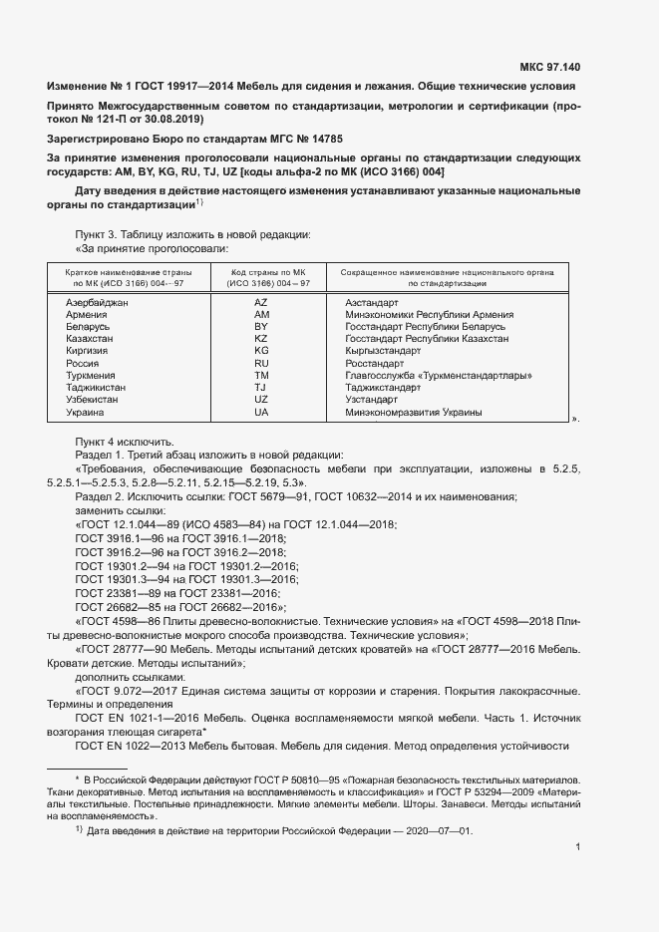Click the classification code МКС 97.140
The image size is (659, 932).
[548, 68]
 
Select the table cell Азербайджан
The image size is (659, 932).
[98, 302]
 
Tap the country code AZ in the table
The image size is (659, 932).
[261, 302]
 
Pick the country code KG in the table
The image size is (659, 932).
[261, 351]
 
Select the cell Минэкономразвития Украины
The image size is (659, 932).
[413, 413]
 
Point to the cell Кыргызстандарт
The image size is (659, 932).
[382, 351]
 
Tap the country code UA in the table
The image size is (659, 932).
[261, 413]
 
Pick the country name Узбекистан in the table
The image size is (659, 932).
[93, 400]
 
